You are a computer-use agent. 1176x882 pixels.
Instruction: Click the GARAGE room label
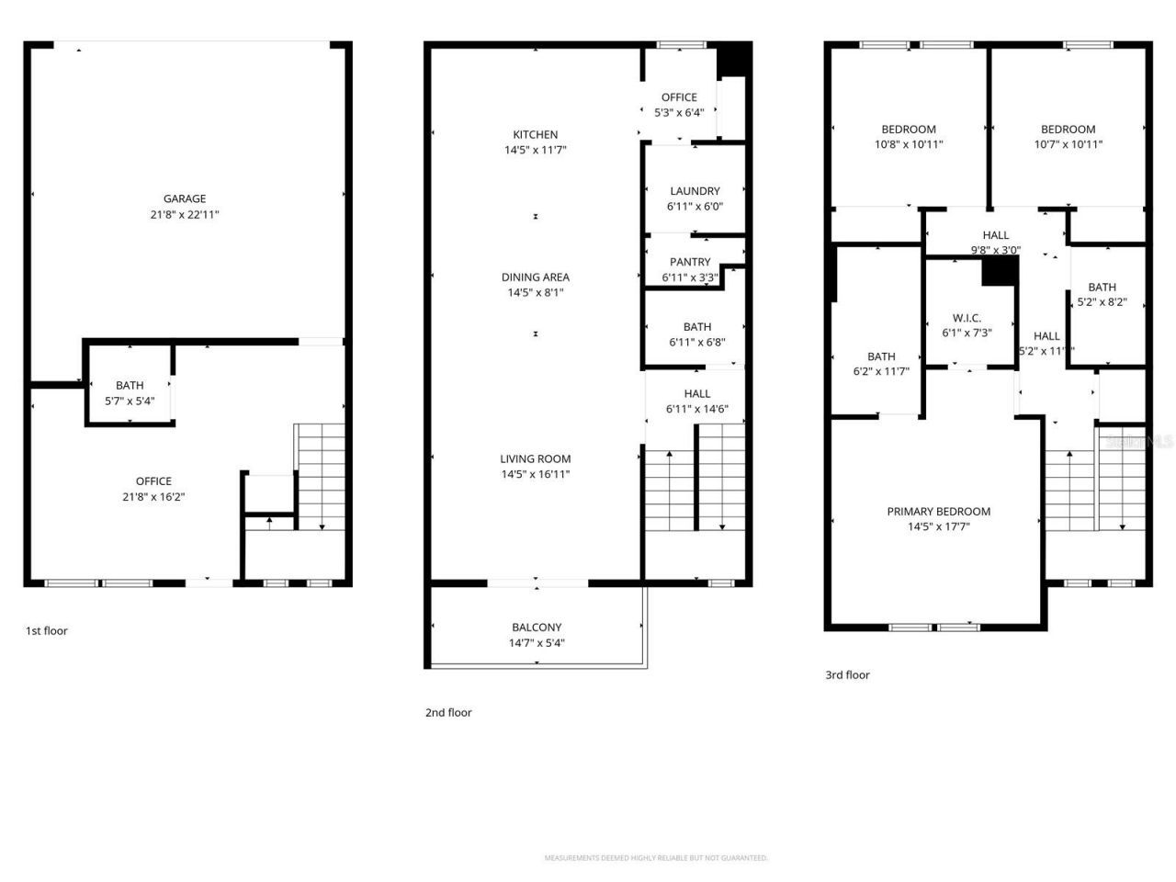[185, 198]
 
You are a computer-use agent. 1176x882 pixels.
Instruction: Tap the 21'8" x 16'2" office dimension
[153, 497]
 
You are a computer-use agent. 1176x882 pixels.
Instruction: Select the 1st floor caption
[46, 631]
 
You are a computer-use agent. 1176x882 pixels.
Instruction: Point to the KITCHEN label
[536, 134]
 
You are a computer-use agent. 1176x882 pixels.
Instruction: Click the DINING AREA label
[536, 277]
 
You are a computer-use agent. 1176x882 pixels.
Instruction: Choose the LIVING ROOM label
[536, 458]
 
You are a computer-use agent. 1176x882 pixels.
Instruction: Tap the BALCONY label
[537, 628]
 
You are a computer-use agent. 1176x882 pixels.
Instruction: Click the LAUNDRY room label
[695, 191]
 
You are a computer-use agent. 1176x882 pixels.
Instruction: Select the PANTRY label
[690, 262]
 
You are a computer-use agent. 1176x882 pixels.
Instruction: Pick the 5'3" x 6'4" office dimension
[679, 113]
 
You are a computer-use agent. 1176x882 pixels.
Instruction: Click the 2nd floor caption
[448, 713]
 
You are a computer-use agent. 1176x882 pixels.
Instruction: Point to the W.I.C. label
[967, 318]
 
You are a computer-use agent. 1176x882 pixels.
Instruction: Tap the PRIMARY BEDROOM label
[939, 512]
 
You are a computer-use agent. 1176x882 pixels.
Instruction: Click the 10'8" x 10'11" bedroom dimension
[909, 144]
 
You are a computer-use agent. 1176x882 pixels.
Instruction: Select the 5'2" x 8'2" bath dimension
[1102, 302]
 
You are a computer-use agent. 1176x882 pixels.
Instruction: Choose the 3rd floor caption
[847, 675]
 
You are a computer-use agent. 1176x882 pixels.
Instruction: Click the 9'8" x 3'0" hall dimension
[996, 250]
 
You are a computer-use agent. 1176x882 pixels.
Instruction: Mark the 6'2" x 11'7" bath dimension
[881, 372]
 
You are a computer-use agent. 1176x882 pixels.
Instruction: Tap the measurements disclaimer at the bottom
[656, 858]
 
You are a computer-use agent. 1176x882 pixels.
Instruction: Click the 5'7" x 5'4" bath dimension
[130, 401]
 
